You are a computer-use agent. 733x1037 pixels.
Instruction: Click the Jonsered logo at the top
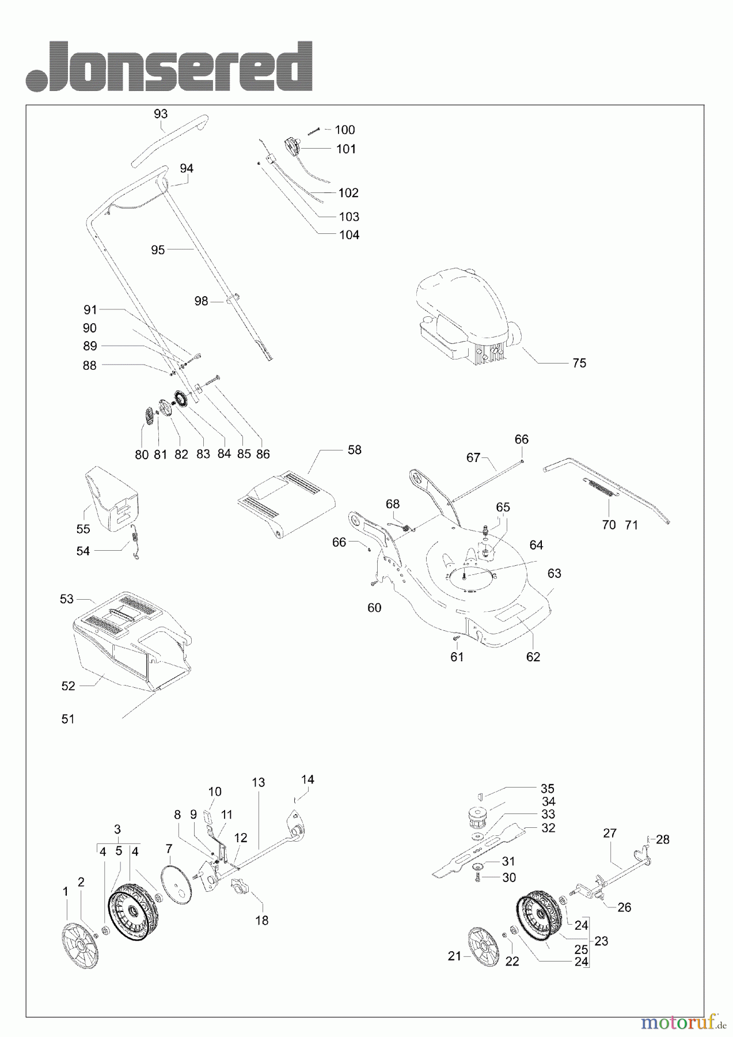click(x=169, y=66)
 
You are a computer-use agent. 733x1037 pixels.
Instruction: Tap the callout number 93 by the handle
click(x=161, y=113)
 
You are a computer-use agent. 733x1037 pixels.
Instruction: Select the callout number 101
click(x=346, y=149)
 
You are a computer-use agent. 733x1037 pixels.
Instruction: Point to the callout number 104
click(x=350, y=234)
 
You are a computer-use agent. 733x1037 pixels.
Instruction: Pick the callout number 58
click(x=355, y=449)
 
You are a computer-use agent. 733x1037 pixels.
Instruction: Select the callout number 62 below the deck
click(x=533, y=656)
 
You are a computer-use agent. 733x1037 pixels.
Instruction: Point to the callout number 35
click(x=547, y=788)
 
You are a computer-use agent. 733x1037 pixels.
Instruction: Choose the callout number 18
click(x=261, y=920)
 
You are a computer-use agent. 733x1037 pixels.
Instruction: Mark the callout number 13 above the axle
click(x=258, y=782)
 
